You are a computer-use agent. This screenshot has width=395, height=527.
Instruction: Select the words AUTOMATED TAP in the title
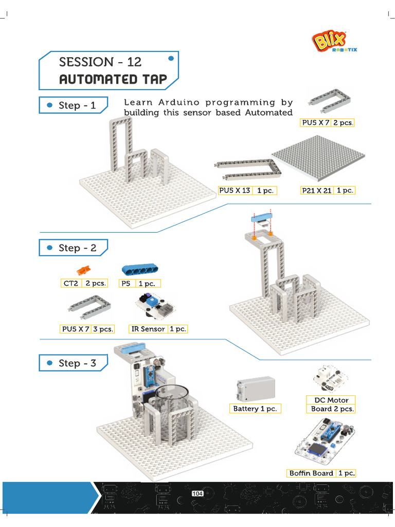point(113,79)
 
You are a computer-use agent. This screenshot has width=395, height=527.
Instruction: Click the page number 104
point(197,494)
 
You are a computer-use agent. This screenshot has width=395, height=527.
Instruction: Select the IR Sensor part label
point(148,329)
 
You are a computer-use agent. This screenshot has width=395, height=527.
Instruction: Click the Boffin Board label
point(311,473)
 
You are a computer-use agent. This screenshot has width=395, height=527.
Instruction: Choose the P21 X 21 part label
point(317,190)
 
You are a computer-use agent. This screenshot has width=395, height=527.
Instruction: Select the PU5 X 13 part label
point(235,190)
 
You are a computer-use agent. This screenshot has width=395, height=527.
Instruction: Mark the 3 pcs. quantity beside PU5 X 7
point(103,329)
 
